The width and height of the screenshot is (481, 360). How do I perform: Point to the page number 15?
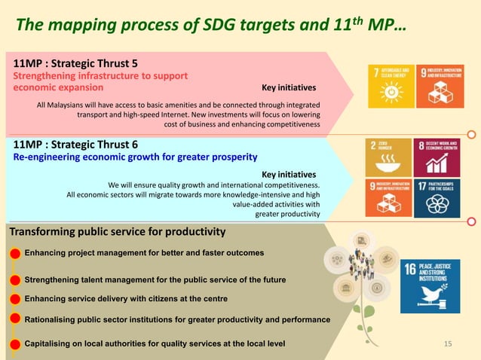[x=448, y=344]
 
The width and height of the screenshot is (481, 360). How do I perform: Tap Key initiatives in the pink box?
[x=288, y=87]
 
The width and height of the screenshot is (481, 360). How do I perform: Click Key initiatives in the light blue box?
[x=288, y=174]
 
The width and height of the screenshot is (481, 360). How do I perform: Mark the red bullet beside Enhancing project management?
[x=15, y=253]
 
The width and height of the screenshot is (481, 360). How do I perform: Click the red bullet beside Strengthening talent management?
[x=15, y=280]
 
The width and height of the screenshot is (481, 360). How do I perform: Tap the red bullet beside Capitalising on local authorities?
[x=15, y=345]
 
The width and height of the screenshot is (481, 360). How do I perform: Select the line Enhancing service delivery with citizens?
[x=126, y=299]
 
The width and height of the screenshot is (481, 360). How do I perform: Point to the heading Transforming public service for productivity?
[x=117, y=231]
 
